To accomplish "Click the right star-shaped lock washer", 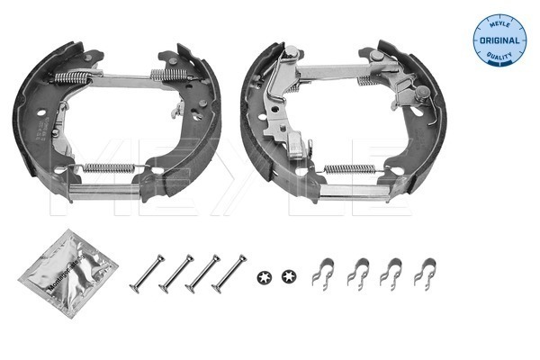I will click(288, 274).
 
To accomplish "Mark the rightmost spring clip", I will click(424, 271).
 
